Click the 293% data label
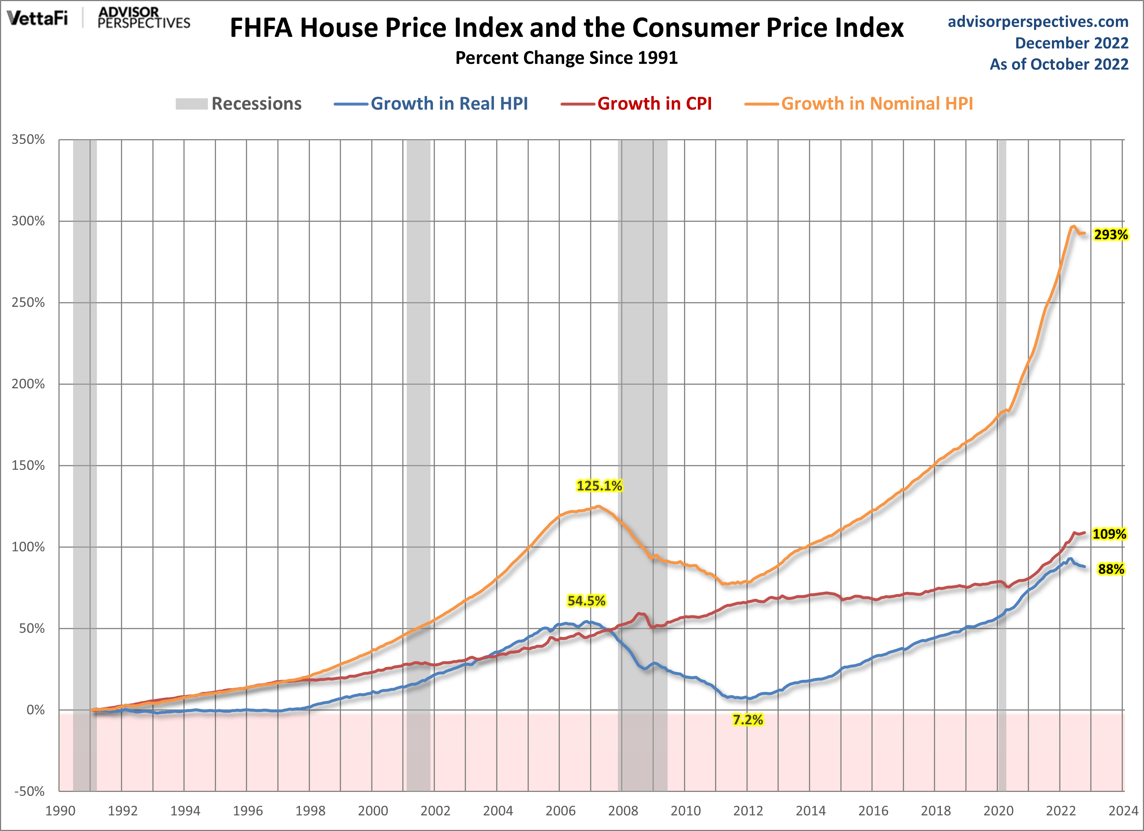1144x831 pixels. click(x=1111, y=235)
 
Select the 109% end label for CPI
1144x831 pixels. click(x=1109, y=534)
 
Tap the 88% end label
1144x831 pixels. click(x=1111, y=569)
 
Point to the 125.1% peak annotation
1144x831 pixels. click(x=599, y=485)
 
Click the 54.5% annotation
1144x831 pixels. click(x=586, y=601)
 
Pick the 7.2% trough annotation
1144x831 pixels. click(x=748, y=720)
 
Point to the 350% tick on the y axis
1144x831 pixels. click(x=28, y=140)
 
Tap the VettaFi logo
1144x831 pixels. click(x=37, y=18)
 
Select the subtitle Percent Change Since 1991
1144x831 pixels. click(x=566, y=57)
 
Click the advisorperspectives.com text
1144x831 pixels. click(x=1038, y=22)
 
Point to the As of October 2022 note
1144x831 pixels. click(x=1059, y=64)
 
